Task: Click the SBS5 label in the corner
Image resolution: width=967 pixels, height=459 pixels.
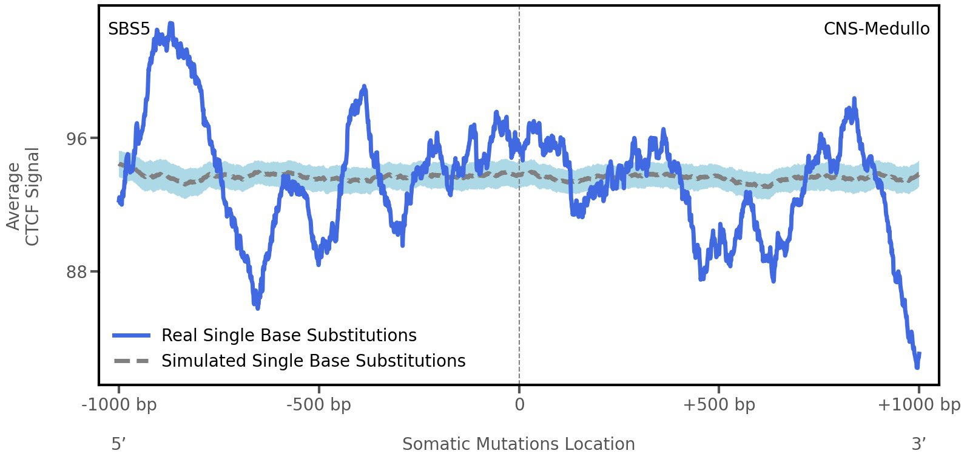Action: point(129,29)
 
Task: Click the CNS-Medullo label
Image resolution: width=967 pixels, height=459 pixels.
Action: point(876,29)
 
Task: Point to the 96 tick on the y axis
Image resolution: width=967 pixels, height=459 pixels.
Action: point(76,138)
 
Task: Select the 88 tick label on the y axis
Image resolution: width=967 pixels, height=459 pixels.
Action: point(76,271)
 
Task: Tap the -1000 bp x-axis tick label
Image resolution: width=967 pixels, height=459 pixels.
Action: point(119,405)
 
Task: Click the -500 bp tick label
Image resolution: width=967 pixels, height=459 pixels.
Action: point(318,405)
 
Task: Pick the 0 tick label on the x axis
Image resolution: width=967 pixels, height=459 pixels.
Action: point(519,405)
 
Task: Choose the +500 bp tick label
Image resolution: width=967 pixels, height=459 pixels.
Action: point(719,405)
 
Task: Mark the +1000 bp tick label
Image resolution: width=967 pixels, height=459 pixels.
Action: point(918,405)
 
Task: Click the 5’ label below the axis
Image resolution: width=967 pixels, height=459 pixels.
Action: point(118,444)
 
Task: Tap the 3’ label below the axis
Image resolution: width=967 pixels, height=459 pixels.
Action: point(919,444)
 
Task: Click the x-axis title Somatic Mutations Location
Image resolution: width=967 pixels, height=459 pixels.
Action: point(519,444)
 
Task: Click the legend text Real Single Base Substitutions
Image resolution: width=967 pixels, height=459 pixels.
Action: point(289,336)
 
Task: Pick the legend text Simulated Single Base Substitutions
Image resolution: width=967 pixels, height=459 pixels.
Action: point(313,361)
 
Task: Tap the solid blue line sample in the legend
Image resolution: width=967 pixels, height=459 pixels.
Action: point(131,336)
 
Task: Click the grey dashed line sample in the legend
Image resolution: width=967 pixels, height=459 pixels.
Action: point(131,361)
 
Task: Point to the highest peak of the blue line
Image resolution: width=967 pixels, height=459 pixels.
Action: point(171,24)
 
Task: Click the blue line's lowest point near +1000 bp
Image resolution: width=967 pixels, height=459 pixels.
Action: point(917,367)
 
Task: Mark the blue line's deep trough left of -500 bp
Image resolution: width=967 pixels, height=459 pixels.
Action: point(258,307)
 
